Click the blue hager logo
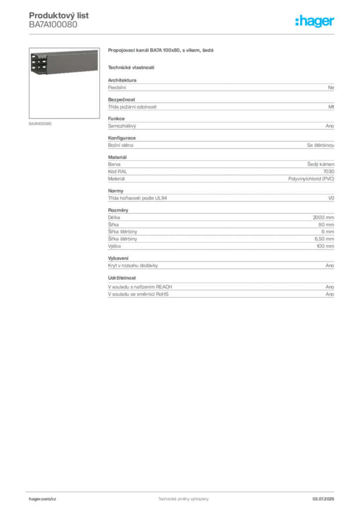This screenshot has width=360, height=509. (x=316, y=22)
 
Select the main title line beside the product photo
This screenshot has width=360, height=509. (x=161, y=51)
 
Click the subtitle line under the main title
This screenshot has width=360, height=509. (x=131, y=67)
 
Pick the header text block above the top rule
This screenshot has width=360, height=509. (x=60, y=19)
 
